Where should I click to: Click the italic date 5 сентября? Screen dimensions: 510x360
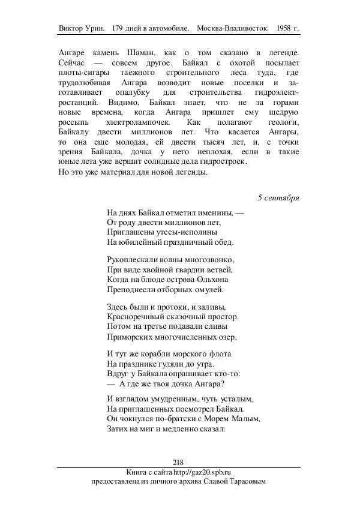click(x=278, y=197)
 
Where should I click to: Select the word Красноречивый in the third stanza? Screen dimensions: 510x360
click(x=136, y=316)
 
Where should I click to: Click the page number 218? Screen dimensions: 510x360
click(x=178, y=461)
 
